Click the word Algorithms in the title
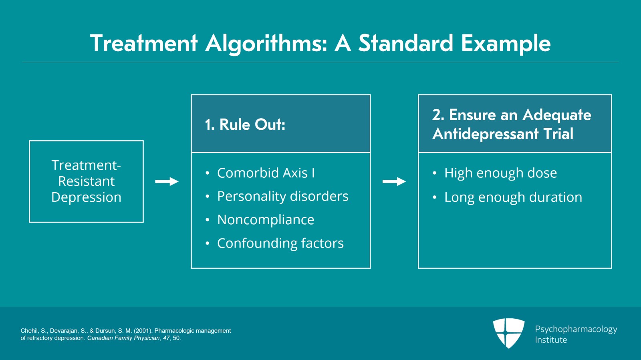[266, 44]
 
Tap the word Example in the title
[506, 44]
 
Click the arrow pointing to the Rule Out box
[167, 181]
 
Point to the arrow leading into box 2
[394, 181]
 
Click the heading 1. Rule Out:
[245, 125]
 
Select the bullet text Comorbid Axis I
[266, 173]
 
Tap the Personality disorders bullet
[283, 196]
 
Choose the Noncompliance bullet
[266, 219]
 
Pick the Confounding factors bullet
[280, 243]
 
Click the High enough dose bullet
[500, 173]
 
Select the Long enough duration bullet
[513, 197]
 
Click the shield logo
[508, 333]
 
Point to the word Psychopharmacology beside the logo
[576, 330]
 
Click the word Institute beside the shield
[551, 340]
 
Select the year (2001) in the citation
[143, 331]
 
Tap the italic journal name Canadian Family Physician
[123, 338]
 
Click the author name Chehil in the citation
[29, 331]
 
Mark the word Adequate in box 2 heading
[556, 115]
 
